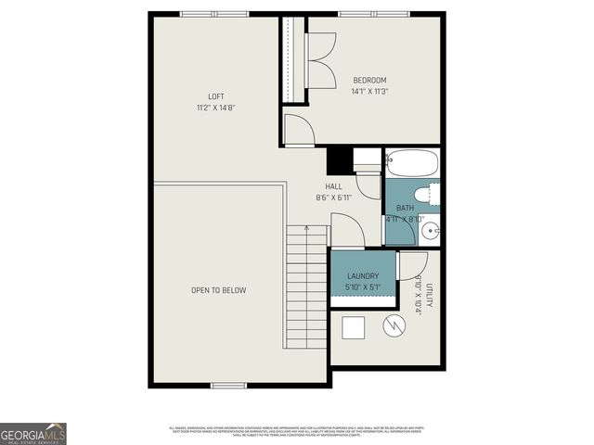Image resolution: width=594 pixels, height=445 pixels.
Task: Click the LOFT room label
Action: tap(215, 96)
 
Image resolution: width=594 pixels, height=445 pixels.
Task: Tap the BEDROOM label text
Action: tap(369, 80)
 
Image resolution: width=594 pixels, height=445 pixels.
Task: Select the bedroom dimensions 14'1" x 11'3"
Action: tap(369, 91)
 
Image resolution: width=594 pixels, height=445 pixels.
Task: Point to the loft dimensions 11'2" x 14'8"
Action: tap(215, 108)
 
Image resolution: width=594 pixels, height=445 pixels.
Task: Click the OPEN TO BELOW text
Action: tap(218, 290)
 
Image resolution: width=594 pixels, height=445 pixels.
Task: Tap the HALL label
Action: tap(333, 186)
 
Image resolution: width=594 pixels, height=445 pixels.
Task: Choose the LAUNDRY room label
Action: tap(362, 276)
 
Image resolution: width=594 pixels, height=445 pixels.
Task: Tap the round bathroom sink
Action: tap(434, 230)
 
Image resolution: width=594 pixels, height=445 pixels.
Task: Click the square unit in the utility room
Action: tap(354, 328)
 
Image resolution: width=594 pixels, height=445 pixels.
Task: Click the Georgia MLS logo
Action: tap(32, 433)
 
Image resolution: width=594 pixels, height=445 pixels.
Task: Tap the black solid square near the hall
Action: tap(339, 160)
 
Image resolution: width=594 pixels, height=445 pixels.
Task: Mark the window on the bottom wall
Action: tap(227, 385)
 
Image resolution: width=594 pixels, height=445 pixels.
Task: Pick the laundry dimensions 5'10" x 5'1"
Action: tap(362, 287)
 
